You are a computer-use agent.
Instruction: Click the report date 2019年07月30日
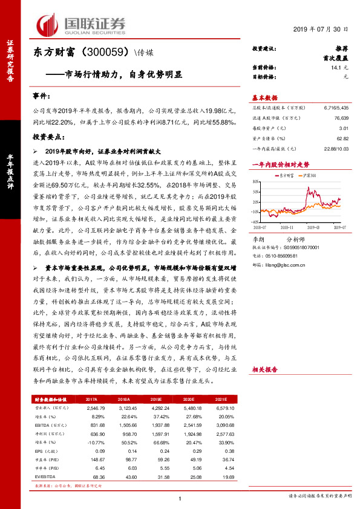(319, 30)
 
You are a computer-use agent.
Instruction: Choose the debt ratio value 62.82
(342, 138)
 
